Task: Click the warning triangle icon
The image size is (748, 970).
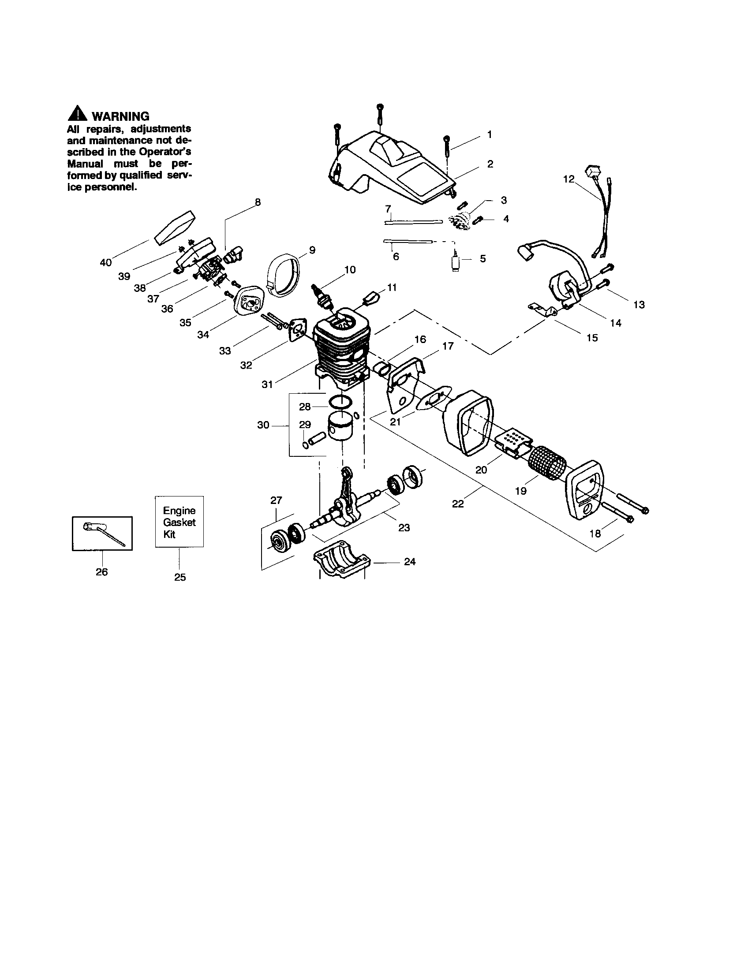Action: pyautogui.click(x=78, y=114)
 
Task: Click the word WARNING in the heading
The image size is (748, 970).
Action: pyautogui.click(x=120, y=116)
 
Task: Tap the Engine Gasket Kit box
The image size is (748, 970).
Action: pyautogui.click(x=180, y=522)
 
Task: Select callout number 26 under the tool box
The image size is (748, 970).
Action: pyautogui.click(x=102, y=572)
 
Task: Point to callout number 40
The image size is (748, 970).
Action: pyautogui.click(x=106, y=262)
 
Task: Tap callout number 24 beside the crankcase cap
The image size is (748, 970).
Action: pyautogui.click(x=410, y=562)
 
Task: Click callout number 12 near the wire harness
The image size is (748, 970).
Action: pyautogui.click(x=568, y=179)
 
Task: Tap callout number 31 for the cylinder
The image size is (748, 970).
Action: pyautogui.click(x=267, y=384)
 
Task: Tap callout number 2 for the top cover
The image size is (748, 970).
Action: pyautogui.click(x=490, y=164)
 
